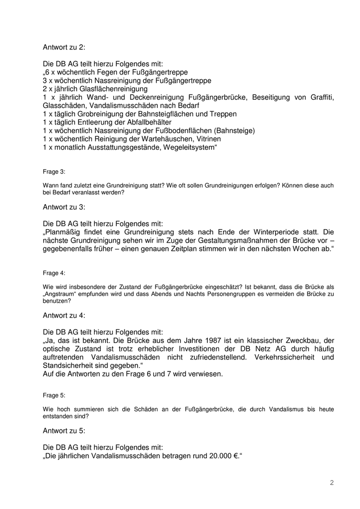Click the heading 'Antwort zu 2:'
click(64, 47)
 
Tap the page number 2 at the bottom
click(332, 482)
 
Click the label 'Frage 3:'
click(54, 172)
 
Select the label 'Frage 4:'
click(54, 274)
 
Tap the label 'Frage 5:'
click(54, 396)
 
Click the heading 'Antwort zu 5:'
click(64, 430)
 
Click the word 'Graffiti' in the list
click(319, 97)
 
